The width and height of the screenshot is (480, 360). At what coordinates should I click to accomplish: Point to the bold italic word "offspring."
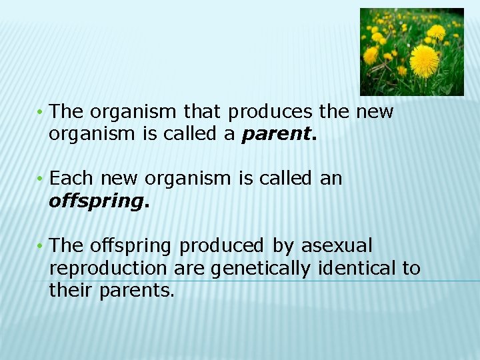coord(99,201)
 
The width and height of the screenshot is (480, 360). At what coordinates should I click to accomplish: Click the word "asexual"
coord(337,246)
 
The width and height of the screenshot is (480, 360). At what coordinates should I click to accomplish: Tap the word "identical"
coord(355,269)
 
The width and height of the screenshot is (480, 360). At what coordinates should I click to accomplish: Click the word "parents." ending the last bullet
coord(137,291)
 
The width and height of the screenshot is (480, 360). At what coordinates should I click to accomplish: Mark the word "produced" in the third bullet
coord(222,246)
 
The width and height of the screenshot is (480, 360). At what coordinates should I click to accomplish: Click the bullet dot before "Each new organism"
coord(41,179)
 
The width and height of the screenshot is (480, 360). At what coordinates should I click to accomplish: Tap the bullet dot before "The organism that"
coord(41,112)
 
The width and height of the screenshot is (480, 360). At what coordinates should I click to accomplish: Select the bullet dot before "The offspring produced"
coord(41,247)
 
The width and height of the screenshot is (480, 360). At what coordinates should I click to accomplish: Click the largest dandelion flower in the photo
coord(425,61)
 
